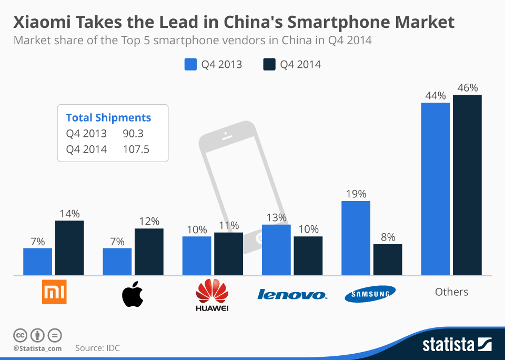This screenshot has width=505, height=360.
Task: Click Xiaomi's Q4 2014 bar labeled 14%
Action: point(69,248)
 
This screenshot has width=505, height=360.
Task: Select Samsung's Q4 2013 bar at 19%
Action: point(356,238)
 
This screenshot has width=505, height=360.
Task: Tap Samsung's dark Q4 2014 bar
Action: point(388,259)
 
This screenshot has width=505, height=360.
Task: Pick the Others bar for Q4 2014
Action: point(467,185)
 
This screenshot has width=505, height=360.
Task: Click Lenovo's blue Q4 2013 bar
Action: point(276,249)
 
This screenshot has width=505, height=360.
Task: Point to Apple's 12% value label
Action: point(149,222)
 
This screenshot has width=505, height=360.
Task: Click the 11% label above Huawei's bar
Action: point(228,225)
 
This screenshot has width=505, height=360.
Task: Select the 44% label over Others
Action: point(436,96)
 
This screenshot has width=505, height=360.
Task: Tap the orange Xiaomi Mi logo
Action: point(55,293)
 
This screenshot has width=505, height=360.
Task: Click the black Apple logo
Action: point(133,295)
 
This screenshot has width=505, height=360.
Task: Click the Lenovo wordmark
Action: point(292,294)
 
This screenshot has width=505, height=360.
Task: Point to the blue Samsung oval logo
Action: point(370,294)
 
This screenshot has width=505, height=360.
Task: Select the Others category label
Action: point(451,292)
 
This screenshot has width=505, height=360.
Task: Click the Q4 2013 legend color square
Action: point(190,64)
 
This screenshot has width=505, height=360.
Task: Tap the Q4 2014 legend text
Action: point(300,64)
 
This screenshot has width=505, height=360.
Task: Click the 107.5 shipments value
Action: point(136,149)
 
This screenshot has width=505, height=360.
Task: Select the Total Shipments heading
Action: point(108,118)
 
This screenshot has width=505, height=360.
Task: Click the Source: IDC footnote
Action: point(97,348)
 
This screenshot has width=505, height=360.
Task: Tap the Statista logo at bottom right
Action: point(457,345)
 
